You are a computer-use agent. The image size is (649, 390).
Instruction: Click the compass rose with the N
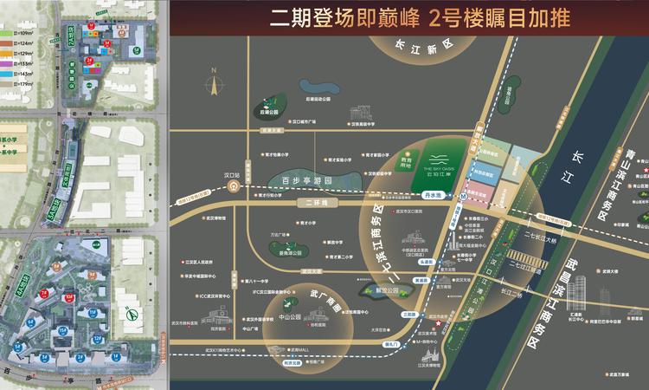tap(211, 84)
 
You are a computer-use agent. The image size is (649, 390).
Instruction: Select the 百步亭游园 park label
tap(307, 180)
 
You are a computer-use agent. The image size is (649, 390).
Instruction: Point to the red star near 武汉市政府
tap(439, 325)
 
